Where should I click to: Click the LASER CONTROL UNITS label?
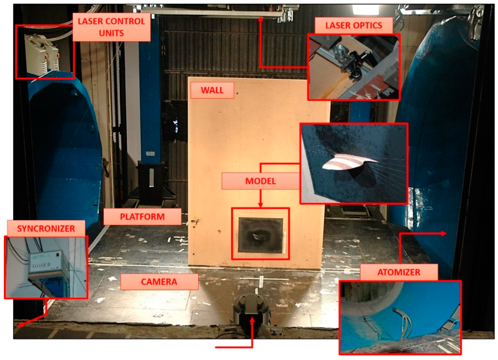point(111,27)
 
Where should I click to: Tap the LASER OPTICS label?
point(354,25)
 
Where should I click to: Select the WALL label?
point(212,90)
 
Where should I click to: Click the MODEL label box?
point(261,181)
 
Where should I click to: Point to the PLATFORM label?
point(142,217)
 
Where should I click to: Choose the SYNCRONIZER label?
point(46,229)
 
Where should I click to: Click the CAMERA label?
point(159,282)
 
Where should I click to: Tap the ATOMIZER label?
point(399,272)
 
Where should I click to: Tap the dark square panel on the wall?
point(261,235)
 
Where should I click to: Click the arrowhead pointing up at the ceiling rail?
point(260,19)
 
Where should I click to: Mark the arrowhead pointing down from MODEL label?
point(260,205)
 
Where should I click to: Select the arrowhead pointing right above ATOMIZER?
point(443,234)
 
